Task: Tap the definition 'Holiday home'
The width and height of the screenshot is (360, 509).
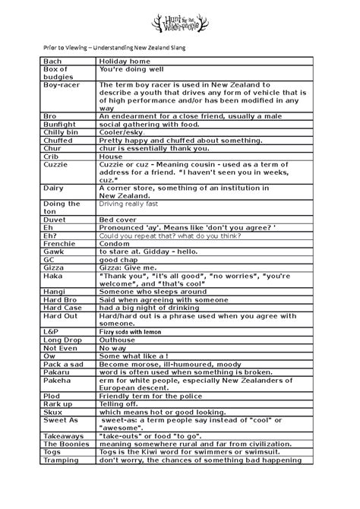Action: [x=127, y=60]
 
